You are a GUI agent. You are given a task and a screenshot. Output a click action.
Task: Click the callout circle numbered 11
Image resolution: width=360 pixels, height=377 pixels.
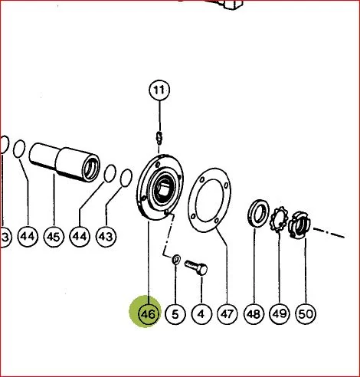click(159, 90)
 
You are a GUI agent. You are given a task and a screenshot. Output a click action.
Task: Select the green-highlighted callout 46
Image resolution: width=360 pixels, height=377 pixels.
click(148, 313)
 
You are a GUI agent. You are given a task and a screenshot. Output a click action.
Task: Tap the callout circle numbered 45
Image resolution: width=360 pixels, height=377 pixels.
click(54, 237)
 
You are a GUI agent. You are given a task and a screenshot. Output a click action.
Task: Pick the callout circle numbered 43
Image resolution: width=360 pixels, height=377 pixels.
click(106, 237)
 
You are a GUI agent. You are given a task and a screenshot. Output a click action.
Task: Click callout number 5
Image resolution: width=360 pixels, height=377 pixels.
click(175, 314)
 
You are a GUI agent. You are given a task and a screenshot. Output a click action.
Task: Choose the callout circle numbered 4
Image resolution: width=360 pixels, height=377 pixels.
click(201, 314)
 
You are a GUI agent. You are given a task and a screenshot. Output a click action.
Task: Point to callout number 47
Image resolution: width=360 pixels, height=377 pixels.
click(227, 314)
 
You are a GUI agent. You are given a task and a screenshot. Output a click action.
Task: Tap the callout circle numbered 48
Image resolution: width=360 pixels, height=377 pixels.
click(254, 314)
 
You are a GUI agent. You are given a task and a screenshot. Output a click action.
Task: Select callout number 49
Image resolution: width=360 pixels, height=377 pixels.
click(280, 314)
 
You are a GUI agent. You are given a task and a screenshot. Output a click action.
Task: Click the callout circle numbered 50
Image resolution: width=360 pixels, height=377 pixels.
click(306, 314)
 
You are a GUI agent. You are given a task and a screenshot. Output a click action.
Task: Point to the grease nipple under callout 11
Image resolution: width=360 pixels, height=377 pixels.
click(159, 138)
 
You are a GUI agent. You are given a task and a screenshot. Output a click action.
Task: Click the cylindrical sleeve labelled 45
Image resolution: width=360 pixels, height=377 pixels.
click(64, 162)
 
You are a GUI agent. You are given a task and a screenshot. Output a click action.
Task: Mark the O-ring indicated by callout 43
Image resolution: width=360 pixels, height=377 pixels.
click(126, 178)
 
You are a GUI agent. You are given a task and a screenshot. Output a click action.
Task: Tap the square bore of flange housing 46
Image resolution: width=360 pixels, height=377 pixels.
click(164, 189)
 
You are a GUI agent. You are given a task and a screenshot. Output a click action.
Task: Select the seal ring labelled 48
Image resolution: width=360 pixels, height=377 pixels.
click(258, 213)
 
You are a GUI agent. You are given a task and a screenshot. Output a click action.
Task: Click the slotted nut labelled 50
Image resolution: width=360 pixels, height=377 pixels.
click(299, 225)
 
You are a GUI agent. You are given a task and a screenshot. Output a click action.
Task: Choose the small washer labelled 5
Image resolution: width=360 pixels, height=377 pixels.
click(176, 259)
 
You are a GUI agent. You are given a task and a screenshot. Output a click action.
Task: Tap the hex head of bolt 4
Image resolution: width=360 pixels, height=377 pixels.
click(202, 270)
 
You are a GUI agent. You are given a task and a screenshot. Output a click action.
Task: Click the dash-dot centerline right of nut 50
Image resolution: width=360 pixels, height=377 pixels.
click(329, 233)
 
